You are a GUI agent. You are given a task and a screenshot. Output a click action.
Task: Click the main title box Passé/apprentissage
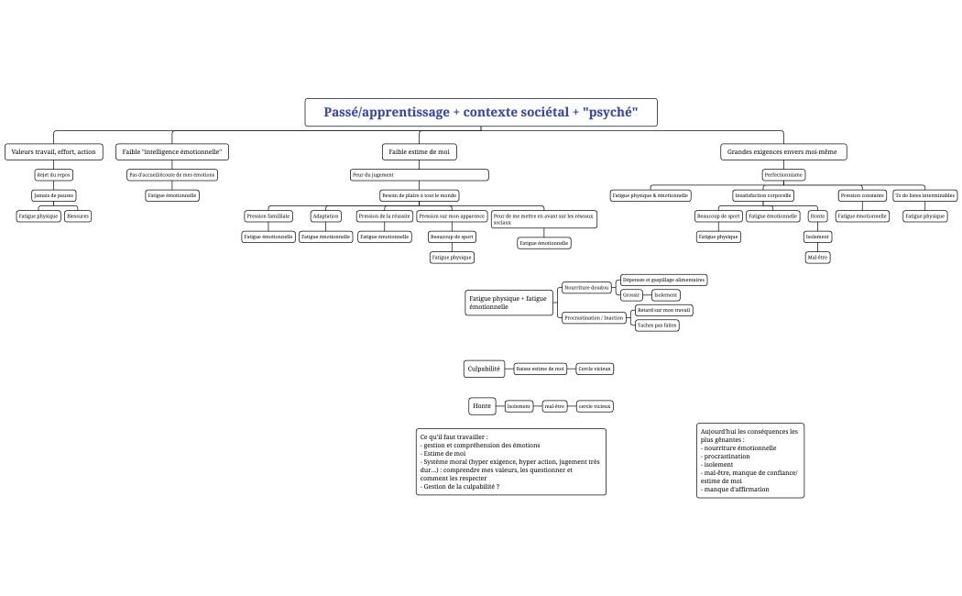(x=481, y=113)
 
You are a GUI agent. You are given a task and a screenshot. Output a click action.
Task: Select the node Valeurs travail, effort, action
(x=53, y=151)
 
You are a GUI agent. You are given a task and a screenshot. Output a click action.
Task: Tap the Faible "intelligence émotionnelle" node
(x=172, y=151)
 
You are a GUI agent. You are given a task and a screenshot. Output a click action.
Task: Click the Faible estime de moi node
(x=419, y=151)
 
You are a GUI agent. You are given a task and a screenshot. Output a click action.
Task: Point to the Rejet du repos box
(x=53, y=174)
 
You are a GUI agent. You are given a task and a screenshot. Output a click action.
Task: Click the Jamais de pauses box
(x=53, y=195)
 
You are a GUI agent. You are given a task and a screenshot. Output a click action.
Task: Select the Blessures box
(x=78, y=216)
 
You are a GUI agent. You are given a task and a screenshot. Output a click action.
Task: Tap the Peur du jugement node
(x=419, y=174)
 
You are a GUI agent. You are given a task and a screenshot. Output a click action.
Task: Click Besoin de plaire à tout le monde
(x=419, y=195)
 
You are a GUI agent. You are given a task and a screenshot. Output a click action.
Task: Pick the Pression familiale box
(x=268, y=216)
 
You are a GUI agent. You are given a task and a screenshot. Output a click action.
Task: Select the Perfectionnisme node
(x=783, y=174)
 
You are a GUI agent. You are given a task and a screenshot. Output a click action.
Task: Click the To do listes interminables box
(x=924, y=195)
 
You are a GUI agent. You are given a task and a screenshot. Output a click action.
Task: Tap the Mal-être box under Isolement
(x=817, y=258)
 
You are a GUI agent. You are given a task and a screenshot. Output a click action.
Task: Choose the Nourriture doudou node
(x=586, y=288)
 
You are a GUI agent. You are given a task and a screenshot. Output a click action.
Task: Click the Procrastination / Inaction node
(x=594, y=318)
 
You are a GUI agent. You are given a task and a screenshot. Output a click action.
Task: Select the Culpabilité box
(x=484, y=369)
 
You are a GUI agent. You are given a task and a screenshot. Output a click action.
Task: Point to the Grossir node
(x=630, y=295)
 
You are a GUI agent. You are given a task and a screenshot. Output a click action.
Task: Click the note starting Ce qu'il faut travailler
(x=510, y=461)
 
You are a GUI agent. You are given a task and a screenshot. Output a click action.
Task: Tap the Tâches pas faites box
(x=657, y=326)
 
